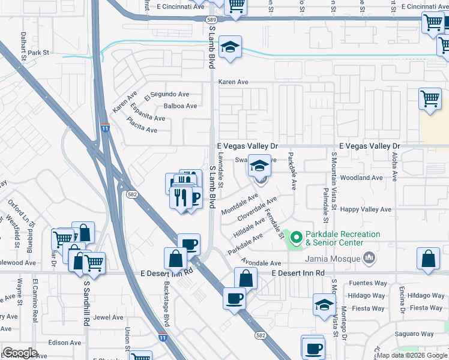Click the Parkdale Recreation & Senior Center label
click(343, 238)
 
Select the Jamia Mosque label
click(331, 259)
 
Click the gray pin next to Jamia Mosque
click(369, 258)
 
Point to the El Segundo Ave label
click(167, 94)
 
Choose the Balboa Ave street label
click(180, 106)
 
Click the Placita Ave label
click(142, 125)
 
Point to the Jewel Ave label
click(108, 317)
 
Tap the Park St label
click(37, 53)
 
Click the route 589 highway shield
click(211, 20)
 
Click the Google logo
click(20, 353)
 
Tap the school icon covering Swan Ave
click(259, 167)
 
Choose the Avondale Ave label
click(261, 263)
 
